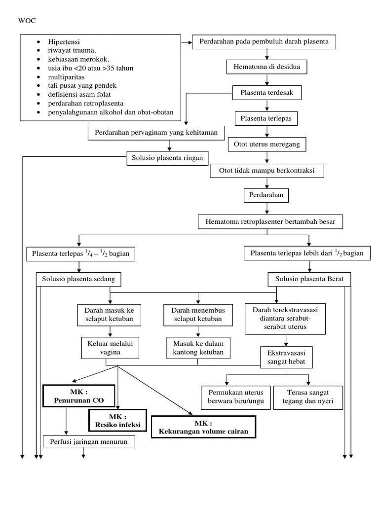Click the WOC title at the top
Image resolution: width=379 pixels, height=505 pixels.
click(27, 21)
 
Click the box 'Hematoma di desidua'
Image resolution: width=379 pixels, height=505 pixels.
click(267, 67)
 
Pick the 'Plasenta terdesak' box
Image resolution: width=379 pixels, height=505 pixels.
click(267, 92)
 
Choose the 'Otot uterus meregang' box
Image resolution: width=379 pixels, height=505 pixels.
click(267, 144)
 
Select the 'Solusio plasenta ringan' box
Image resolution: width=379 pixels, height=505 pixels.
click(168, 158)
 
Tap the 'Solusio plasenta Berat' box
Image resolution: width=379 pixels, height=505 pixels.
click(309, 279)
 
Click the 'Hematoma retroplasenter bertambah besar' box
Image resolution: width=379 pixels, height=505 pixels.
click(270, 222)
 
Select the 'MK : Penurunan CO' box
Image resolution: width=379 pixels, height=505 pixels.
click(79, 396)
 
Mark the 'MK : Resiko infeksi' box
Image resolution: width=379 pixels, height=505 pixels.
click(118, 420)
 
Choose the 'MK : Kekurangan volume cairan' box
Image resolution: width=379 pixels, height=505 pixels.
click(203, 427)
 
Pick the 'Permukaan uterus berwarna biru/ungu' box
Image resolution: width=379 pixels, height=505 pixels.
click(236, 397)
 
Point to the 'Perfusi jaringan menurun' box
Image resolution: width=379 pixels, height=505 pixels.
click(89, 441)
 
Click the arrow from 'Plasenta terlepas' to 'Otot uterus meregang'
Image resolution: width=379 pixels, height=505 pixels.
click(267, 131)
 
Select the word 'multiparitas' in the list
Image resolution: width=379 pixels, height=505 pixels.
click(67, 77)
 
